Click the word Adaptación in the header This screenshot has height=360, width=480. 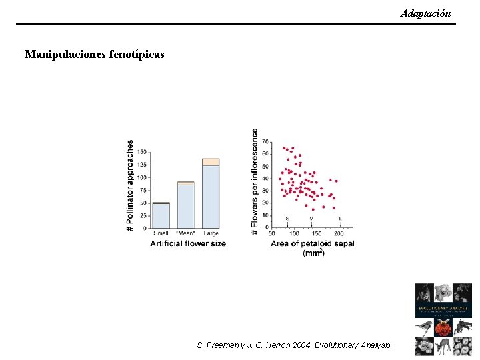point(425,13)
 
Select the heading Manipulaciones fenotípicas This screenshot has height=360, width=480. point(94,54)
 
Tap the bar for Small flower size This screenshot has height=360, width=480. point(161,215)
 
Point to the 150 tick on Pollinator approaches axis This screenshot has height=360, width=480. point(141,152)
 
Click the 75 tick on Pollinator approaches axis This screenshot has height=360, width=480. point(143,190)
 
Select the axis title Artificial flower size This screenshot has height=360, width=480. point(188,243)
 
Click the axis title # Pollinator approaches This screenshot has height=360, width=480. point(130,186)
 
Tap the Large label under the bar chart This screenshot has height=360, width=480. point(211,233)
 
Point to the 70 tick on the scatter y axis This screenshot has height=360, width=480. point(265,141)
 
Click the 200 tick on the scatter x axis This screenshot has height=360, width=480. point(339,233)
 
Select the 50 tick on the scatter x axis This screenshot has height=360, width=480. point(272,233)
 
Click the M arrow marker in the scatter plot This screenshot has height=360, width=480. point(311,219)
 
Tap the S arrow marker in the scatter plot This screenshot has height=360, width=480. point(287,219)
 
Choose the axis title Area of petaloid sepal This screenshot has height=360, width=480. point(312,243)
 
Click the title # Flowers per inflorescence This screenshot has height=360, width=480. point(254,181)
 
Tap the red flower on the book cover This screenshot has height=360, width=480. point(443,328)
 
